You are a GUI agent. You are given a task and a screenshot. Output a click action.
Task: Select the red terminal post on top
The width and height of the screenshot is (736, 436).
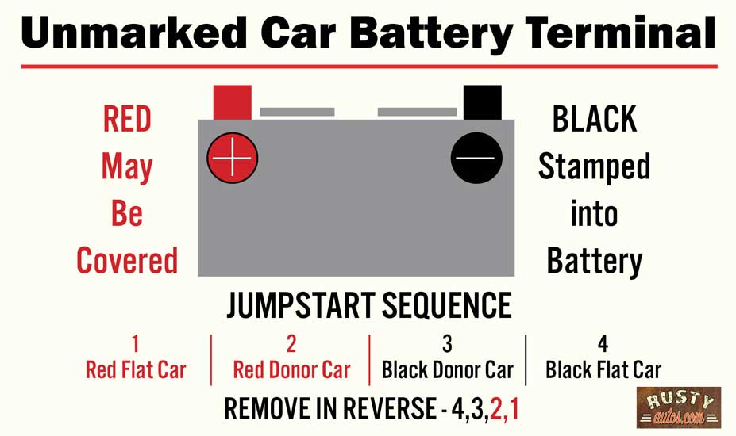(x=233, y=102)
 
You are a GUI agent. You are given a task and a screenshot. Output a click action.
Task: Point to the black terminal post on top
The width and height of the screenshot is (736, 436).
(x=482, y=102)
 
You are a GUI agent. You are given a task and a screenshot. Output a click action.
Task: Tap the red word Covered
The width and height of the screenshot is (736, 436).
(x=127, y=261)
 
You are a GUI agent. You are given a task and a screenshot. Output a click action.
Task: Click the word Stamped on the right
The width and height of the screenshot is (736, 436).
(x=594, y=166)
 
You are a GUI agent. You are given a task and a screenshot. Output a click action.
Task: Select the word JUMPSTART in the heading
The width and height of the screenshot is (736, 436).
(x=298, y=306)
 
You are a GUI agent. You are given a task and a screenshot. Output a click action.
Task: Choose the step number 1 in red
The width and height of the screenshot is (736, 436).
(x=135, y=344)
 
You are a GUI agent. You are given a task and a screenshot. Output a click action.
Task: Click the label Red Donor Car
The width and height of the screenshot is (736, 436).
(x=291, y=369)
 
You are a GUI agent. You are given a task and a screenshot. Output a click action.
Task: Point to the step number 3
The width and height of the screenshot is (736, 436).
(x=447, y=344)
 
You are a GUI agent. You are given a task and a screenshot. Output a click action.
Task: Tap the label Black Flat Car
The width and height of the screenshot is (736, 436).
(x=603, y=369)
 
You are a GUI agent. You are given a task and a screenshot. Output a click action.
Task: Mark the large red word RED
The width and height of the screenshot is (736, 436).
(x=127, y=120)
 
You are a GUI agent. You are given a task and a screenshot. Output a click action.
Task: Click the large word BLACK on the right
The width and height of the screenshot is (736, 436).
(x=594, y=120)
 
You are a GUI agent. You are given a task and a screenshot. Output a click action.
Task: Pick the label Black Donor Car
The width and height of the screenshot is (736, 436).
(x=447, y=369)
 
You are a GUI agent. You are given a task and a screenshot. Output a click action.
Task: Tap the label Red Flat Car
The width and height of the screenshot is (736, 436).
(x=135, y=369)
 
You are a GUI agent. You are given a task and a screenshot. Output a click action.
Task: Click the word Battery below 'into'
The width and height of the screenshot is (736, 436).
(x=594, y=261)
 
